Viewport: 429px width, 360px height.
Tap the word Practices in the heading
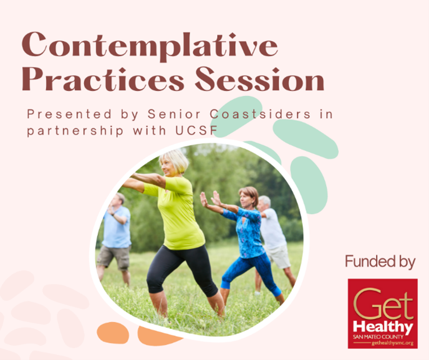tap(103, 79)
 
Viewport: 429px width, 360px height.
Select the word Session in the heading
tap(260, 79)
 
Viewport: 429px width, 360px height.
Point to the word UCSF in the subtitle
tap(196, 131)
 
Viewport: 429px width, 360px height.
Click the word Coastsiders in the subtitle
tap(260, 114)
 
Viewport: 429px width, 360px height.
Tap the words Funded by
tap(380, 262)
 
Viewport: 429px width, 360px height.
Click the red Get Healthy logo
tap(382, 313)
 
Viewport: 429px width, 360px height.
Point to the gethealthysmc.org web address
tap(392, 343)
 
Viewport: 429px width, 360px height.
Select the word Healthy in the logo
tap(383, 327)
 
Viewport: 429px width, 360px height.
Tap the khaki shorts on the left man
tap(113, 257)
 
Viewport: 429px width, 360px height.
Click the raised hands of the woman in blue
tap(210, 199)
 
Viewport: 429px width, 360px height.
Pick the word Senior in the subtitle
tap(174, 114)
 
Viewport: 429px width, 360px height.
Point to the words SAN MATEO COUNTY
tap(378, 337)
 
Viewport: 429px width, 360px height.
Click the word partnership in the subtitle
tap(75, 131)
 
